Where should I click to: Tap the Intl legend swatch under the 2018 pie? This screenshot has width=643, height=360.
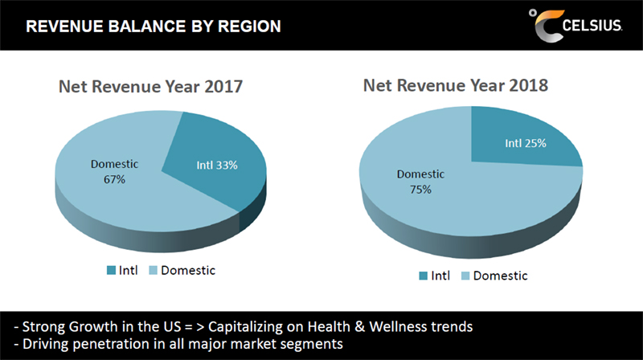423,276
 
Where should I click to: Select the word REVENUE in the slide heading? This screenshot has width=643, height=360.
61,27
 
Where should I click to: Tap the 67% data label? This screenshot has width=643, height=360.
113,179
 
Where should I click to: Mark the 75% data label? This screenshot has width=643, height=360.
420,190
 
